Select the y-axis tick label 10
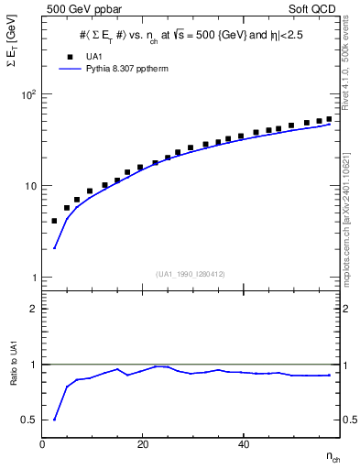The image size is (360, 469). pos(30,186)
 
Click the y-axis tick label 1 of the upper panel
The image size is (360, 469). pos(35,278)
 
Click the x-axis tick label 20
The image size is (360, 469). pos(143,444)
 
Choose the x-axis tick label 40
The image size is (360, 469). pos(243,444)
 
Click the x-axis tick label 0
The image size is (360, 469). pos(43,444)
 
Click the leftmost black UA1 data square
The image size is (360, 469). pos(55,221)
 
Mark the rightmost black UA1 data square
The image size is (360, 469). pos(329,119)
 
